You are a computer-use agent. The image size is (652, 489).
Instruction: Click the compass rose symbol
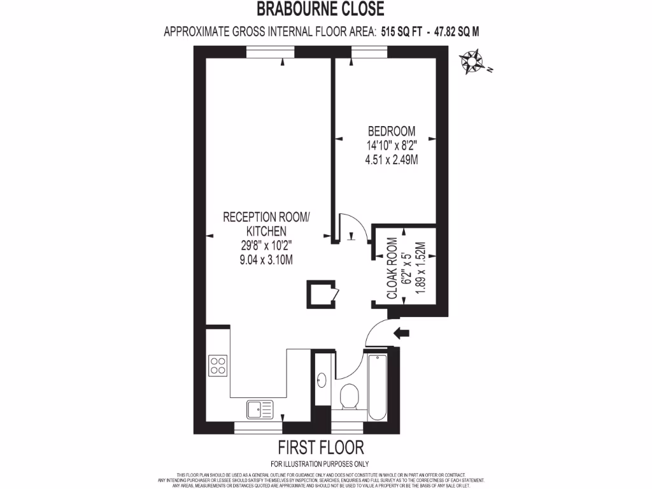pyautogui.click(x=472, y=63)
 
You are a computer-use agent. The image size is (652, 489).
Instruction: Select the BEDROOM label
pyautogui.click(x=392, y=131)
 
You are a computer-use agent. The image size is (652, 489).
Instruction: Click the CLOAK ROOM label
pyautogui.click(x=392, y=268)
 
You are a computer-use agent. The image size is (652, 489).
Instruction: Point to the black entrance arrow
pyautogui.click(x=402, y=332)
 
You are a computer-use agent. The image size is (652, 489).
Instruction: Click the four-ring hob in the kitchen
pyautogui.click(x=218, y=364)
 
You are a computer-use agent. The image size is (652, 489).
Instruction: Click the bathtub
pyautogui.click(x=377, y=386)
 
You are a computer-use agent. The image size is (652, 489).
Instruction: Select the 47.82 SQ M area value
pyautogui.click(x=457, y=31)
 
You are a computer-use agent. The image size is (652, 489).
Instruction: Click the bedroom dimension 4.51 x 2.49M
pyautogui.click(x=392, y=160)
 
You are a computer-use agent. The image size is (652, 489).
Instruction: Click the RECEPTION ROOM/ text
pyautogui.click(x=266, y=217)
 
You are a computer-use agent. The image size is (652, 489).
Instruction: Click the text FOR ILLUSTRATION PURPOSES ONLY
pyautogui.click(x=320, y=464)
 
